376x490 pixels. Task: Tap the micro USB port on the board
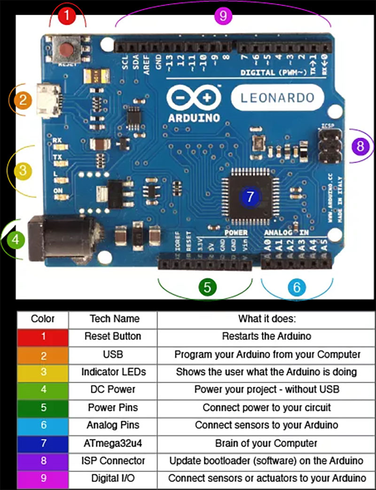[48, 100]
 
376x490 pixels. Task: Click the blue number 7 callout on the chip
[250, 197]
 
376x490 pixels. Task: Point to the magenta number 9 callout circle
[223, 16]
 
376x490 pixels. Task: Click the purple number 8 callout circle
[360, 146]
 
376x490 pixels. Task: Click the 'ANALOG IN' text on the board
[286, 233]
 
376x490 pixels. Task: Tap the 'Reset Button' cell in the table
[113, 336]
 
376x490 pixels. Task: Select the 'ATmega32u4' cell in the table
[113, 443]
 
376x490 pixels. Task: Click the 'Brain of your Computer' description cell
[266, 443]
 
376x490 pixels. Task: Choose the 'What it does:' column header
[266, 318]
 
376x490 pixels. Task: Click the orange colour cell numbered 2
[43, 354]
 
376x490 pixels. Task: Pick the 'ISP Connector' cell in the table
[113, 461]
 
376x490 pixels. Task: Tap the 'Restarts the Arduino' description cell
[266, 336]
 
